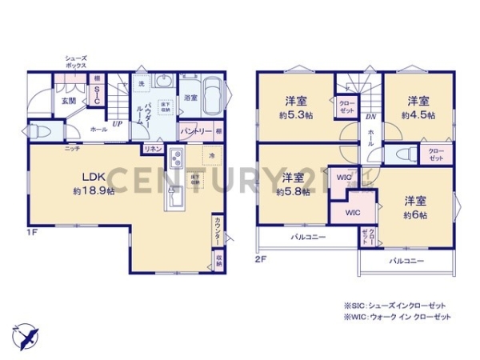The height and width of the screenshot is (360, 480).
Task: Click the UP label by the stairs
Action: (117, 125)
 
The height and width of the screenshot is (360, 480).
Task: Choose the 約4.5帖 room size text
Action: (418, 115)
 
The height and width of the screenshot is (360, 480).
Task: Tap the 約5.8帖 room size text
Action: (291, 192)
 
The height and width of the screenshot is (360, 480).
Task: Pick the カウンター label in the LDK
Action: (218, 234)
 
